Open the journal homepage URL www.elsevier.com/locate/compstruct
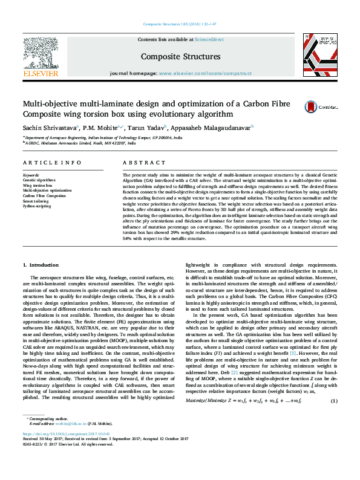[205, 73]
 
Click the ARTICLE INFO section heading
[51, 163]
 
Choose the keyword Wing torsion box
[38, 186]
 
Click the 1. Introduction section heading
[41, 265]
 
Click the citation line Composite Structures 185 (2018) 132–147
[180, 24]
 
